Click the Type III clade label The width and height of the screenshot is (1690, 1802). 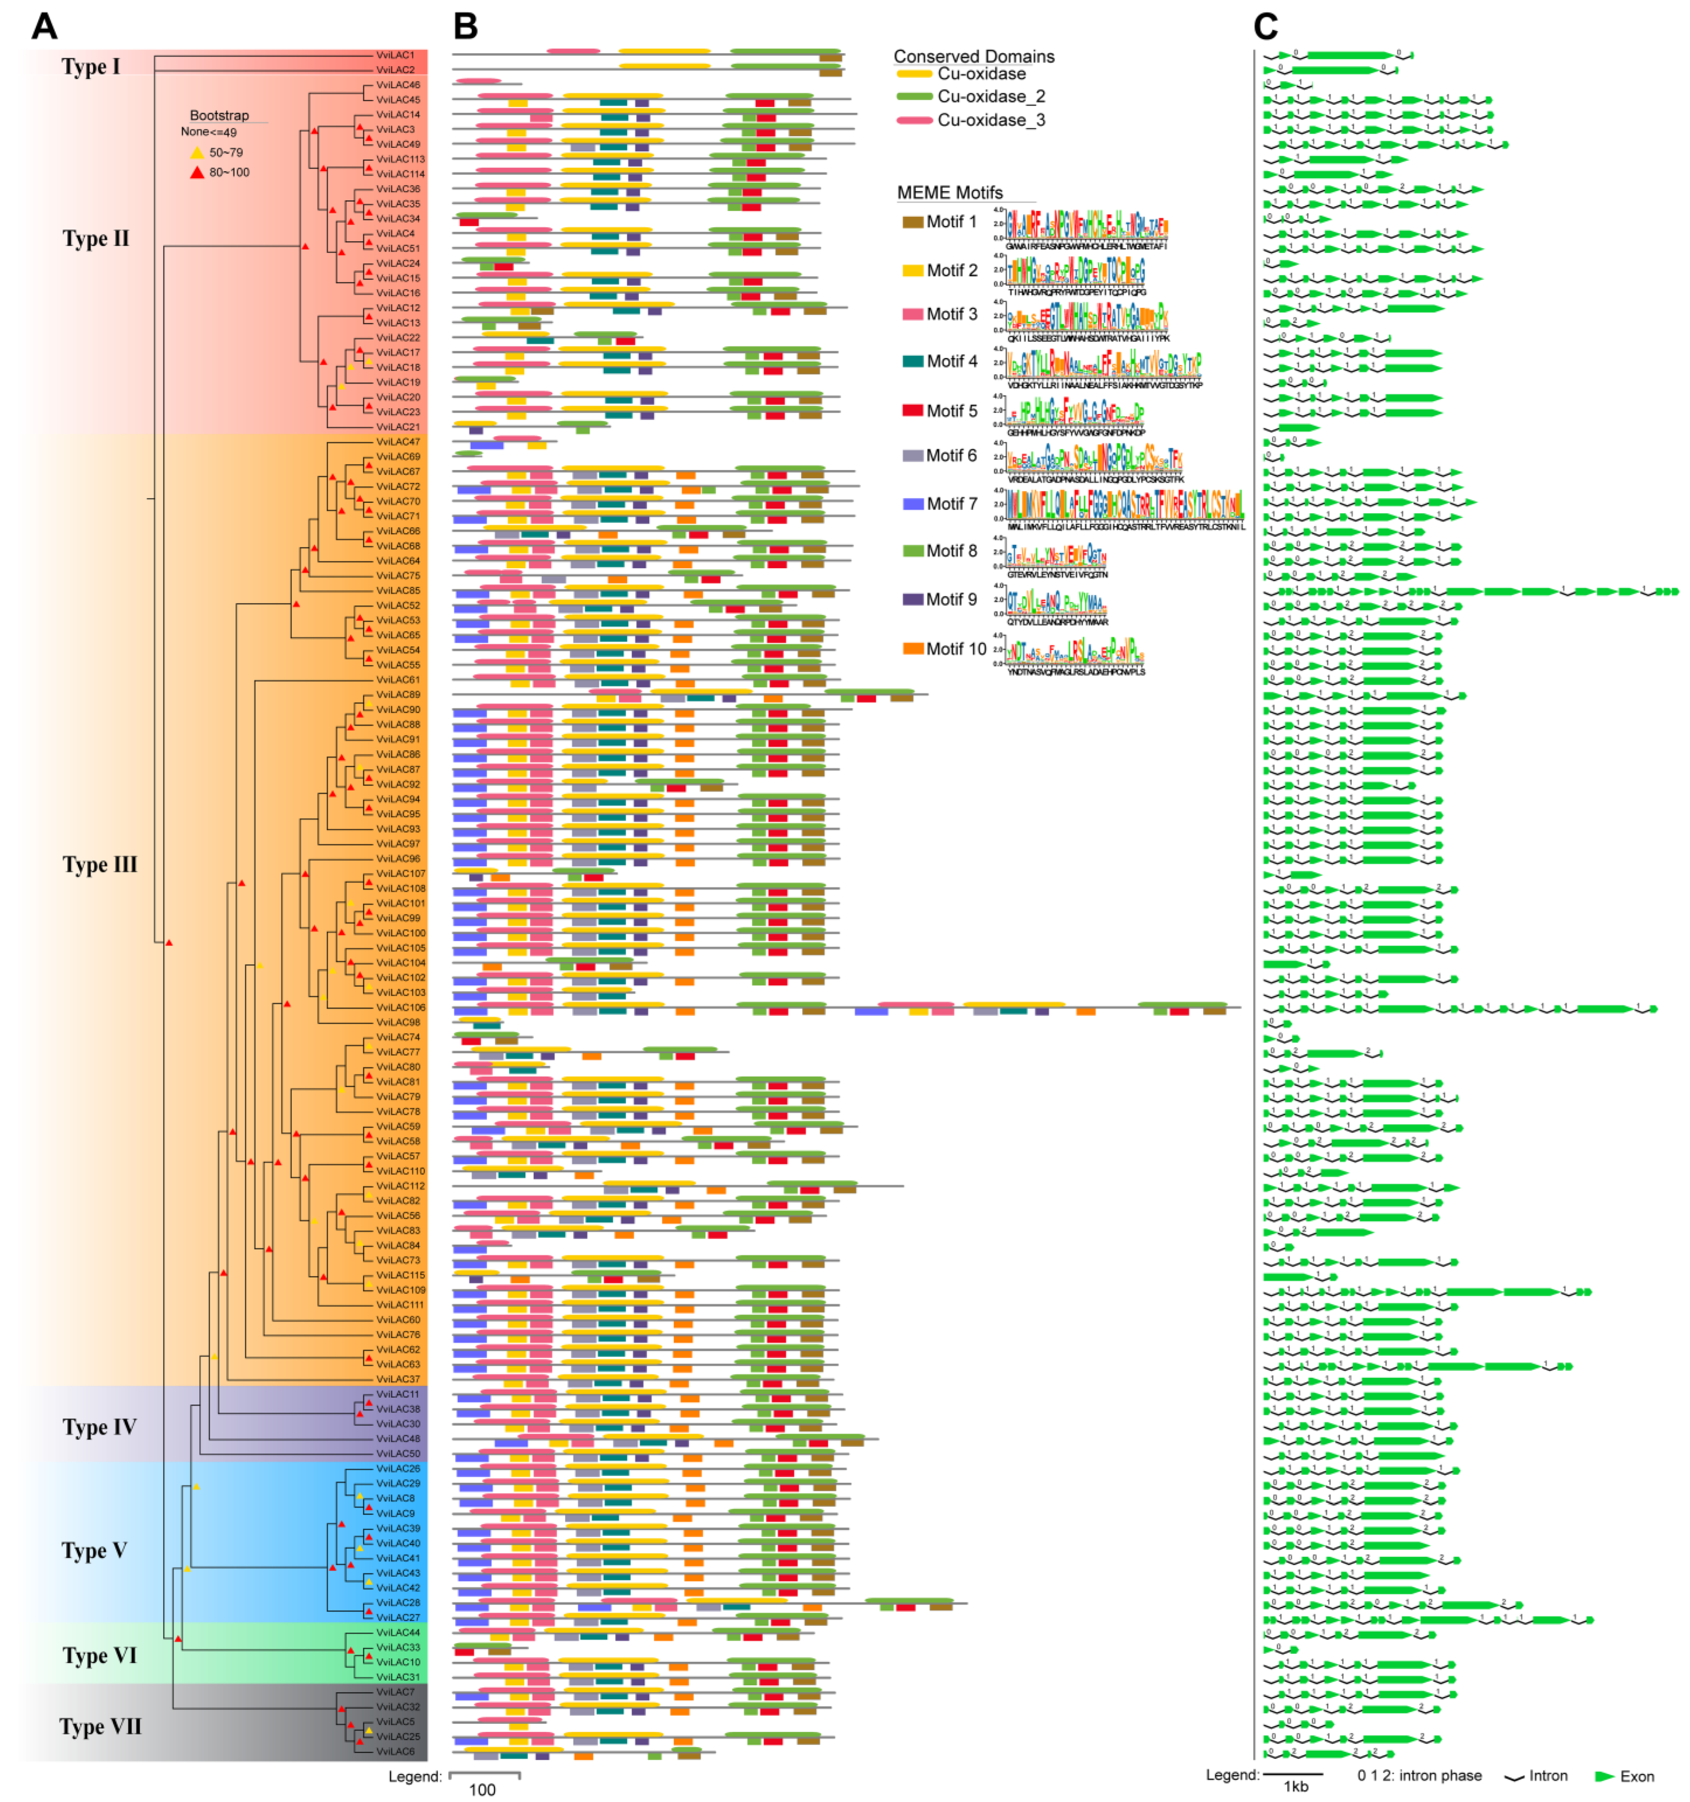coord(100,865)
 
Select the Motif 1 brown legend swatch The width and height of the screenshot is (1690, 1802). coord(912,222)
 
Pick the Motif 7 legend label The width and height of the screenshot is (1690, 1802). coord(951,504)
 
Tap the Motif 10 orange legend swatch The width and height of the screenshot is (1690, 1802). coord(912,649)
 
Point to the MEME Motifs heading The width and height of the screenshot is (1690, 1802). coord(949,192)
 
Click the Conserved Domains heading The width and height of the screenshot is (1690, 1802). coord(974,56)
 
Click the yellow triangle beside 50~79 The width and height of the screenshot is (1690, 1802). coord(197,152)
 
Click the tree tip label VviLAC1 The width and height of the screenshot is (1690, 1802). coord(395,55)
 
